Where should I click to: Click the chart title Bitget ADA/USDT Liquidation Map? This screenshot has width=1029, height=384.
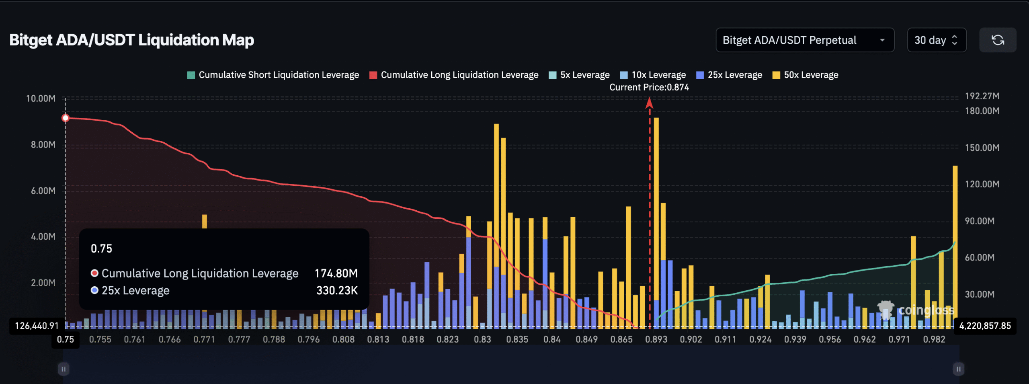click(x=131, y=40)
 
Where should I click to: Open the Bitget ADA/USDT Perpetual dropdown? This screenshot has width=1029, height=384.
click(x=804, y=40)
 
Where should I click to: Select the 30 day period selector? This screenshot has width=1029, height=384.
click(x=936, y=40)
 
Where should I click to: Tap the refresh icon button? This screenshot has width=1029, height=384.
click(x=998, y=40)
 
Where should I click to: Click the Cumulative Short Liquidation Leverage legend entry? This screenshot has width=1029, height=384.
click(x=273, y=75)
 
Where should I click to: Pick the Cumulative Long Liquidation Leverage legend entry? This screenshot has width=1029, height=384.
click(x=454, y=75)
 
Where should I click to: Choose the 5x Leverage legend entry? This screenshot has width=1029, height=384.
click(x=579, y=75)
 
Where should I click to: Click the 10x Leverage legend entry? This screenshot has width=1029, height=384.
click(x=653, y=75)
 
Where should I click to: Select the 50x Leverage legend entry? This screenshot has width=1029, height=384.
click(x=806, y=75)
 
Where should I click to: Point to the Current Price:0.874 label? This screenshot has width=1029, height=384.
click(x=649, y=87)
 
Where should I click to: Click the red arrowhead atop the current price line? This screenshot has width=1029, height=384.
click(x=649, y=103)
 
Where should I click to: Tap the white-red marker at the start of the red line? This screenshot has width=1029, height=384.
click(x=66, y=118)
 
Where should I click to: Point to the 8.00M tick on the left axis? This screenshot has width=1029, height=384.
click(x=43, y=145)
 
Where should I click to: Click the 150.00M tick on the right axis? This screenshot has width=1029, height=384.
click(x=982, y=148)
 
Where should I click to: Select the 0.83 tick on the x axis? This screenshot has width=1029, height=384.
click(x=482, y=339)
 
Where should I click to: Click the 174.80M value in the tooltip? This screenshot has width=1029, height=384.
click(x=336, y=273)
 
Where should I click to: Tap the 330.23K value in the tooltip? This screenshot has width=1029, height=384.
click(x=337, y=290)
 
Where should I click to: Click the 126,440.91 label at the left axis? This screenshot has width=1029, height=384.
click(x=37, y=326)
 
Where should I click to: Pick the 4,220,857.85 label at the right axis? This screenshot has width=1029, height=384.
click(x=985, y=326)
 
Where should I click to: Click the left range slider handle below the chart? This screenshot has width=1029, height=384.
click(x=64, y=369)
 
